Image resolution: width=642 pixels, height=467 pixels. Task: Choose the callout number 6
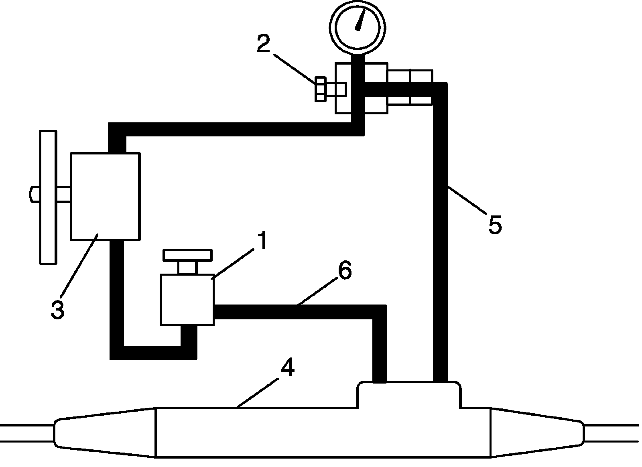tap(345, 271)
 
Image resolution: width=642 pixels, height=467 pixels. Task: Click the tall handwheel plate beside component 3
tap(48, 197)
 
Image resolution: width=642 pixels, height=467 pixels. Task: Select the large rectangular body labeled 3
tap(105, 196)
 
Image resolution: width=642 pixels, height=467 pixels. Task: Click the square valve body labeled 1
tap(187, 299)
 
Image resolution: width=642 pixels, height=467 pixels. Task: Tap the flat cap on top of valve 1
tap(187, 255)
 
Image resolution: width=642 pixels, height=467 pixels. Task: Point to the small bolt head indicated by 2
tap(321, 89)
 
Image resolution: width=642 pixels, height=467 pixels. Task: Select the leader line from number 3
tap(78, 266)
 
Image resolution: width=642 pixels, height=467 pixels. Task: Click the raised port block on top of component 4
tap(409, 395)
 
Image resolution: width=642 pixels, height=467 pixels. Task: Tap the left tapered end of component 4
tap(104, 432)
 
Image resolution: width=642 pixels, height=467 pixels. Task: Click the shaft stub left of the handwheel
tap(34, 195)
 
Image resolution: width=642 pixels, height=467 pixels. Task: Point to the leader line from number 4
tap(257, 392)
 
